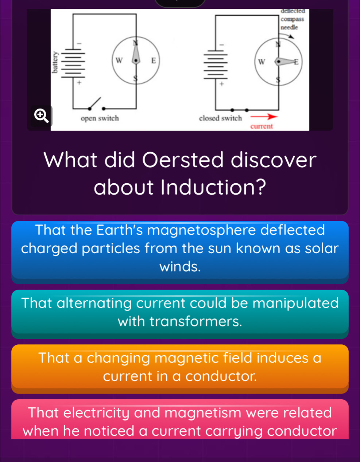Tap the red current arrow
(264, 117)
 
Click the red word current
(262, 126)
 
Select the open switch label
(100, 118)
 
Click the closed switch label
(220, 118)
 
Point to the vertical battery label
(56, 62)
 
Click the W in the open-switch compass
(119, 60)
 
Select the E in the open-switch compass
(154, 60)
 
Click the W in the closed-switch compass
(262, 62)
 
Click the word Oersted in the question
(183, 160)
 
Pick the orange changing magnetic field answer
(180, 368)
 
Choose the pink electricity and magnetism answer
(180, 419)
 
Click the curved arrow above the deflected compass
(288, 35)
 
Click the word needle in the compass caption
(289, 27)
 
